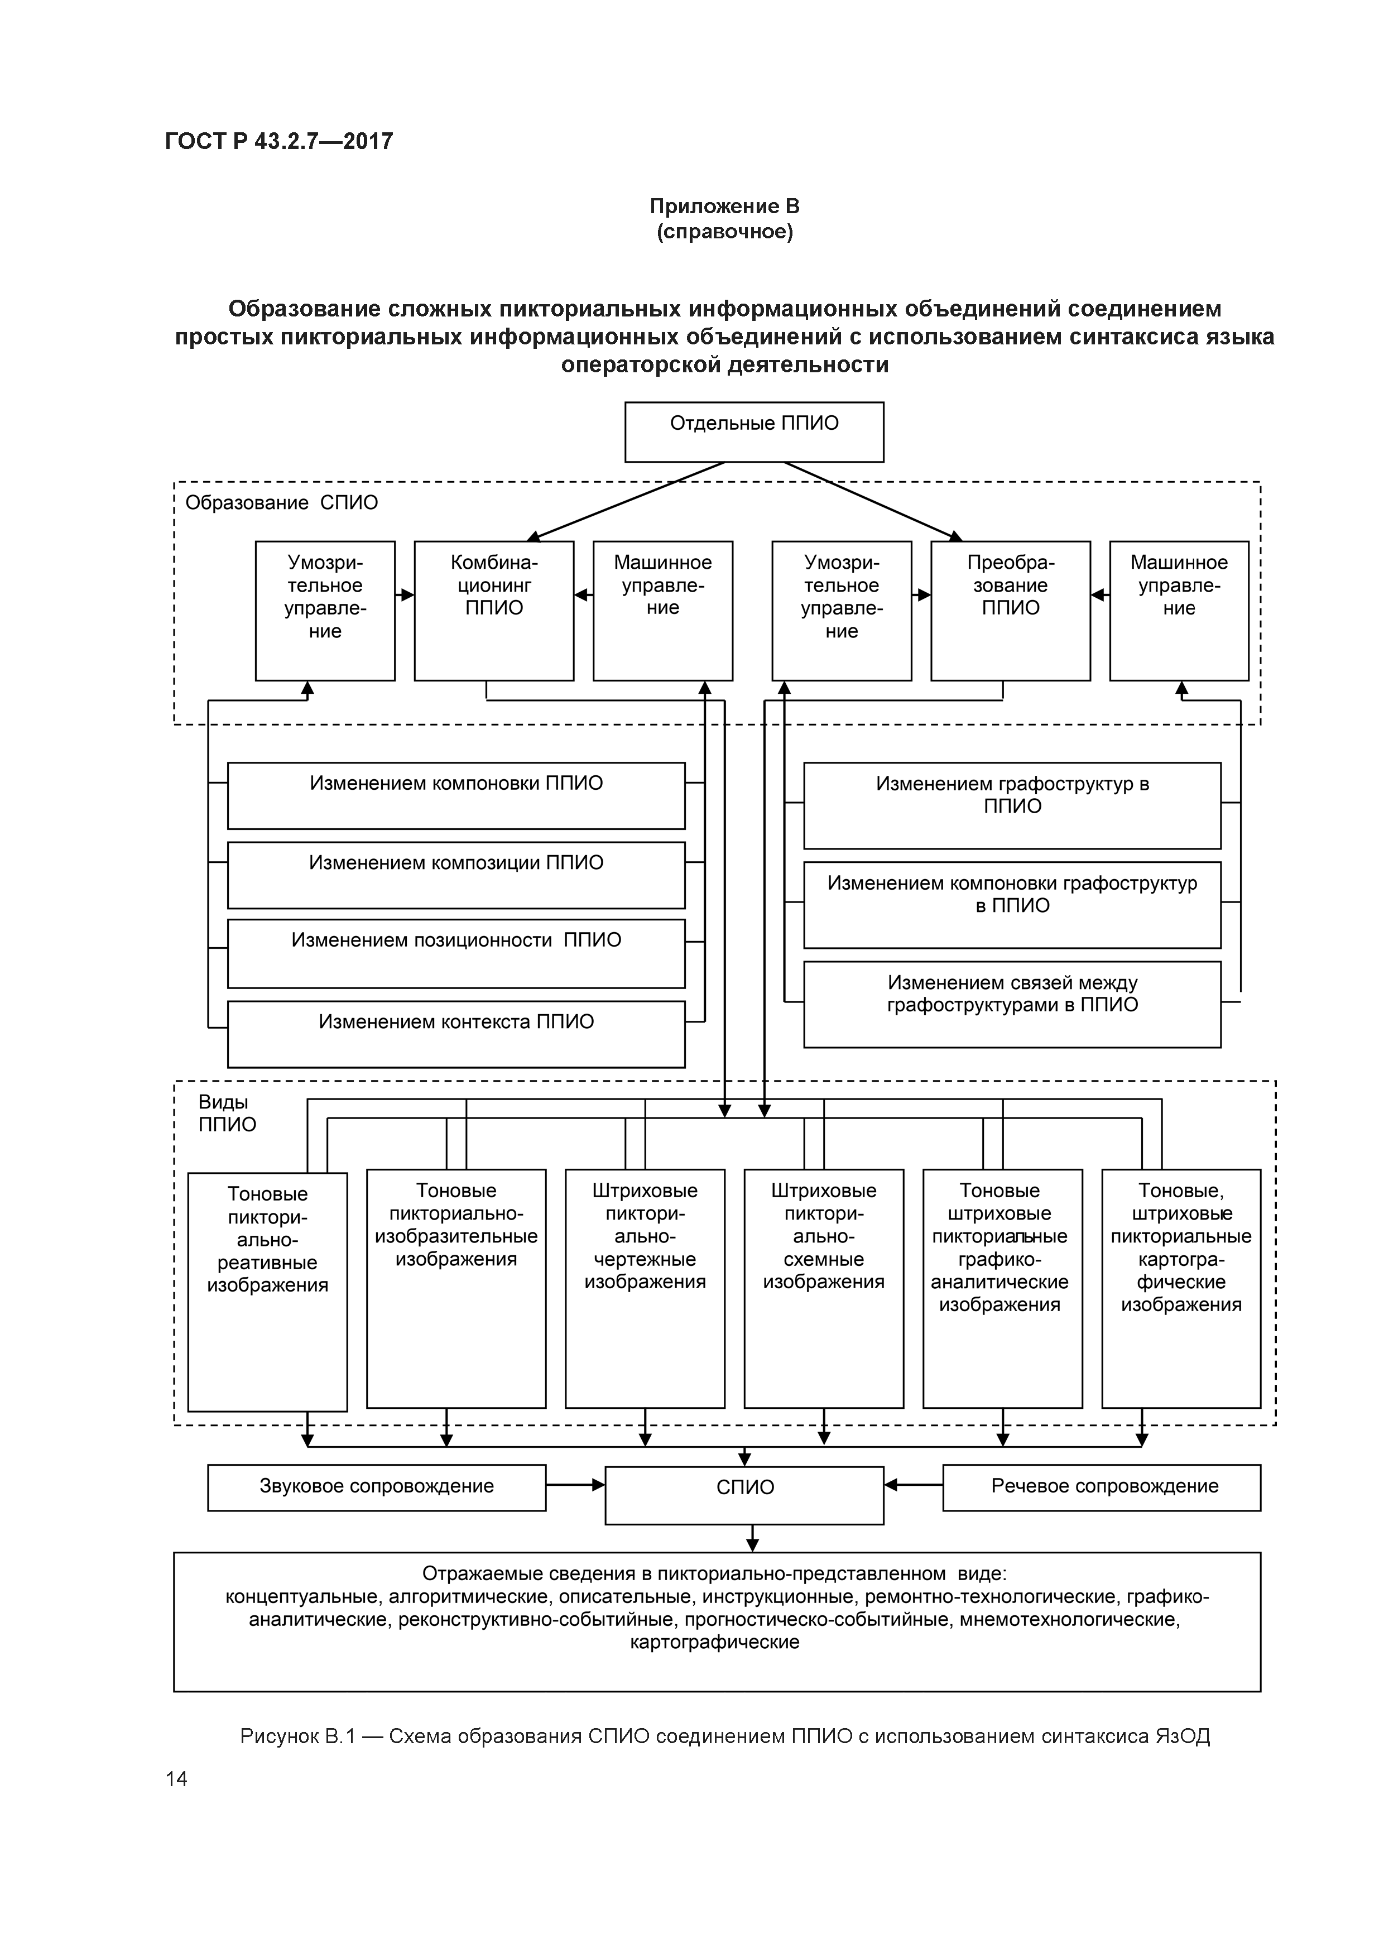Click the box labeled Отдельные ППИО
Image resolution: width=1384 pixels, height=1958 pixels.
click(x=754, y=431)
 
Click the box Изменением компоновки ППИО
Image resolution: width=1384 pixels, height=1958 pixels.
click(x=455, y=795)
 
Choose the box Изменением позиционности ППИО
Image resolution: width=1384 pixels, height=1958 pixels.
click(x=455, y=953)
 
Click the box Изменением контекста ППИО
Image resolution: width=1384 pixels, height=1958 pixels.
click(x=455, y=1034)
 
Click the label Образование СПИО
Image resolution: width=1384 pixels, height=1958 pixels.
click(x=281, y=502)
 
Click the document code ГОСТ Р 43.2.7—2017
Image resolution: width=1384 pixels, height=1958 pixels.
click(x=279, y=141)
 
